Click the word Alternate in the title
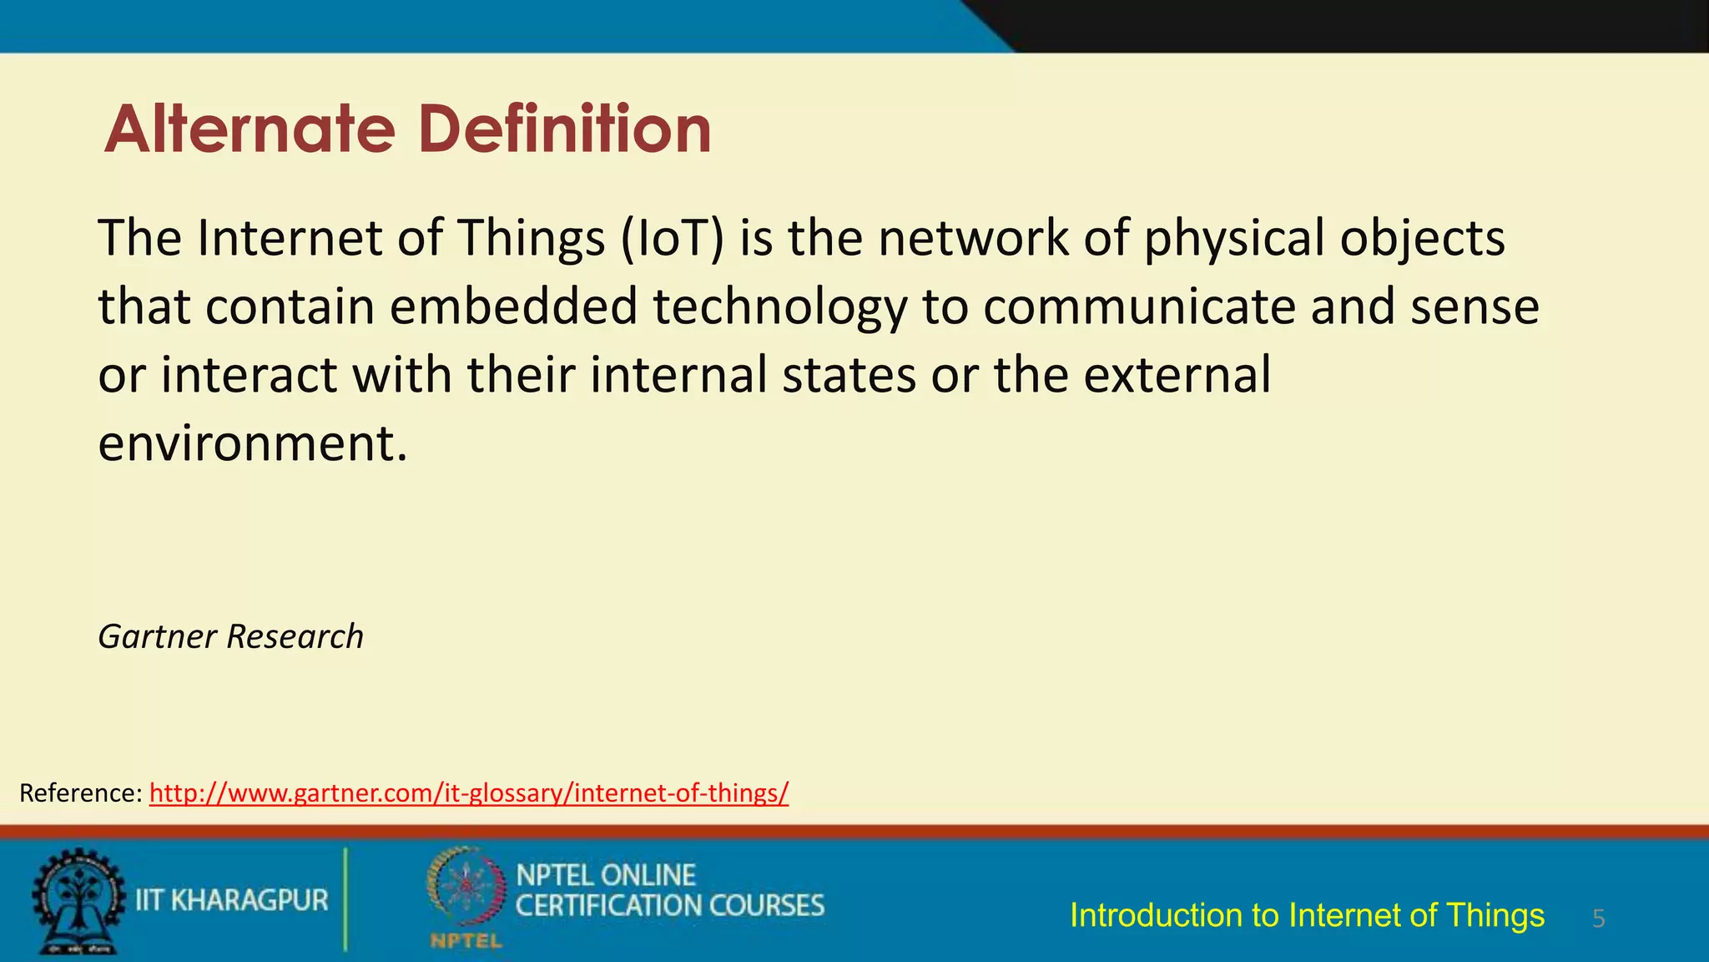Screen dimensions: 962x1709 click(x=249, y=129)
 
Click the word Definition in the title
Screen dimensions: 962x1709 click(x=564, y=129)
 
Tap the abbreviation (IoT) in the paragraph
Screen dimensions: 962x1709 click(x=672, y=238)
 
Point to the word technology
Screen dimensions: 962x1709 click(x=779, y=308)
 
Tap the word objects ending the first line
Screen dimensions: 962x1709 click(x=1422, y=240)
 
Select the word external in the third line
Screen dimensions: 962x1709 click(x=1177, y=375)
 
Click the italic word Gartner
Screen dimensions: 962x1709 click(x=158, y=637)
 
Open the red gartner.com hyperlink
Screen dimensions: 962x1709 click(x=468, y=793)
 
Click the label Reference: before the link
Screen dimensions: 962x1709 click(x=81, y=793)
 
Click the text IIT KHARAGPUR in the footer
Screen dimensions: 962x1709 click(x=232, y=900)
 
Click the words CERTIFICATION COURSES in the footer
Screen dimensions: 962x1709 click(x=669, y=906)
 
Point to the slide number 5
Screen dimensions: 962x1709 click(x=1598, y=919)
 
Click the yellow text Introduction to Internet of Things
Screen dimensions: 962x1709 click(x=1307, y=916)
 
